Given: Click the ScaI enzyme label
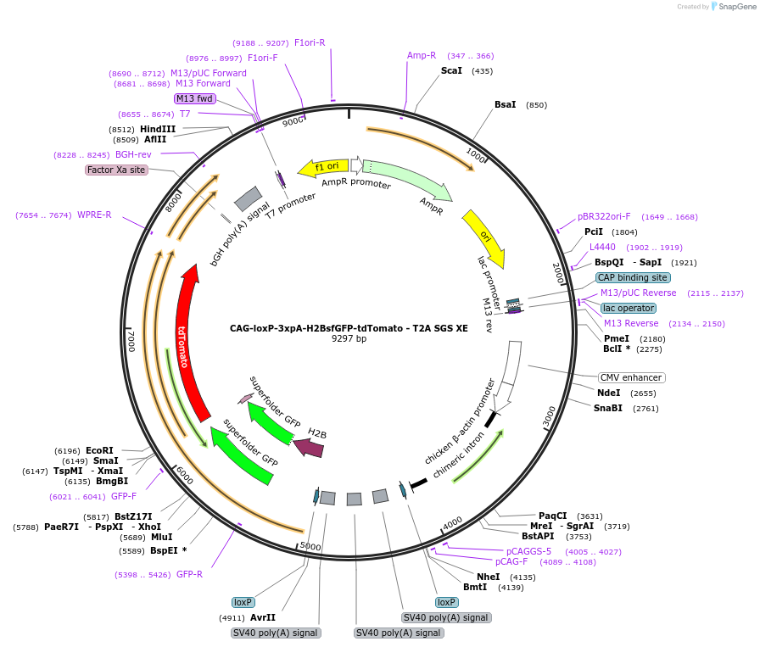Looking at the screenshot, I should click(x=451, y=70).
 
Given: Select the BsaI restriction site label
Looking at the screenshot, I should click(x=505, y=104).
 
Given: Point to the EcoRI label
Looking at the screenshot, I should click(x=99, y=450).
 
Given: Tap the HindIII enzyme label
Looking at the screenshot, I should click(x=158, y=129).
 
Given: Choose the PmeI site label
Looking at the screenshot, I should click(x=616, y=338).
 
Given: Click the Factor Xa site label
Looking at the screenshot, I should click(x=116, y=170).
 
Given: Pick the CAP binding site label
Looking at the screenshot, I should click(x=632, y=277).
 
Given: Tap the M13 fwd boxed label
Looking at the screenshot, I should click(x=194, y=98).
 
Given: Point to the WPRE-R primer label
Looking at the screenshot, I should click(x=94, y=215).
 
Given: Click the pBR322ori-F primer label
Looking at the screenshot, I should click(x=604, y=216).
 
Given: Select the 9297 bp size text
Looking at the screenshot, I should click(x=349, y=338).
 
